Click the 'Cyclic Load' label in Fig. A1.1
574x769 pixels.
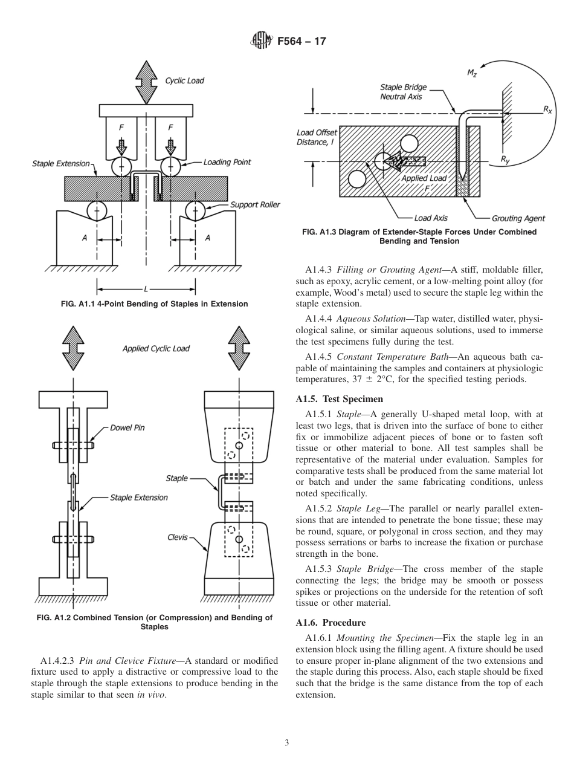tap(185, 80)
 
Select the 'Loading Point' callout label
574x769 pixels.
tap(227, 162)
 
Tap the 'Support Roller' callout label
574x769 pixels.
tap(255, 204)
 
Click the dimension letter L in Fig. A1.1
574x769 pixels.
tap(146, 288)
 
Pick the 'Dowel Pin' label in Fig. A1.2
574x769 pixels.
tap(127, 427)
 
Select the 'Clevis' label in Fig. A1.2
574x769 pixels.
tap(178, 537)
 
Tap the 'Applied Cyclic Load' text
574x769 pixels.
tap(156, 348)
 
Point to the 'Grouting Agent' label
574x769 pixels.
tap(518, 218)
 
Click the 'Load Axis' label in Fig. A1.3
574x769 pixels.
tap(431, 218)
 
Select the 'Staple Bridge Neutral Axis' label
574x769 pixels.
tap(401, 92)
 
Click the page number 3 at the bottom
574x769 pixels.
tap(287, 742)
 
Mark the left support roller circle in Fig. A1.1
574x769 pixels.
tap(97, 211)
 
